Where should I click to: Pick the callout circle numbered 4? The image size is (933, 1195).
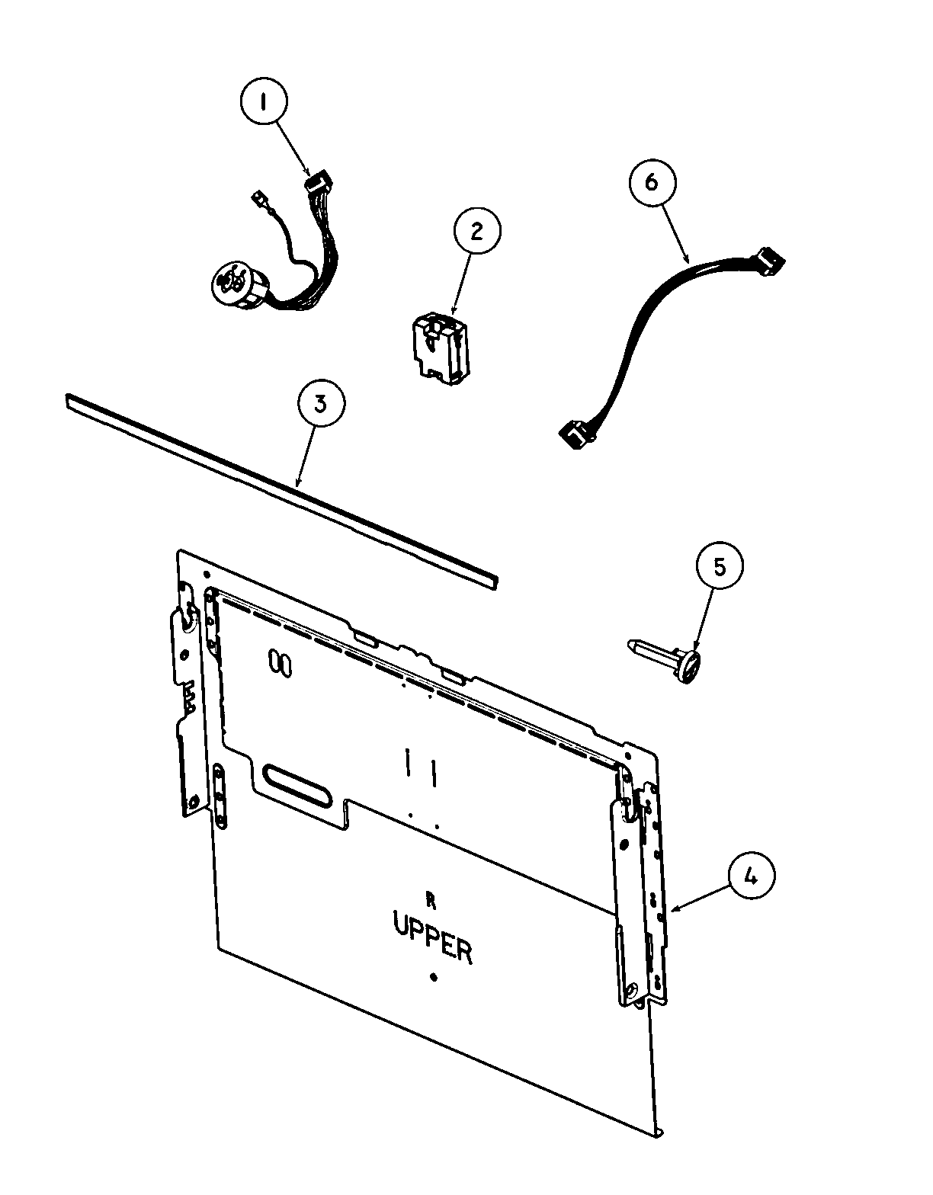point(751,878)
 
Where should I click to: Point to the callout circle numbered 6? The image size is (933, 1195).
point(651,182)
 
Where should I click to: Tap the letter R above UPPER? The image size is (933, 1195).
point(431,901)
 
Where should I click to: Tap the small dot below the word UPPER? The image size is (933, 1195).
point(434,977)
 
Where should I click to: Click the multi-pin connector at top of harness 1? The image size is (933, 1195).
point(317,184)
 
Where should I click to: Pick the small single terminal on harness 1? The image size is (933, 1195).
point(258,201)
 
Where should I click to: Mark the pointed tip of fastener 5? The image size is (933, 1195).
point(631,645)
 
